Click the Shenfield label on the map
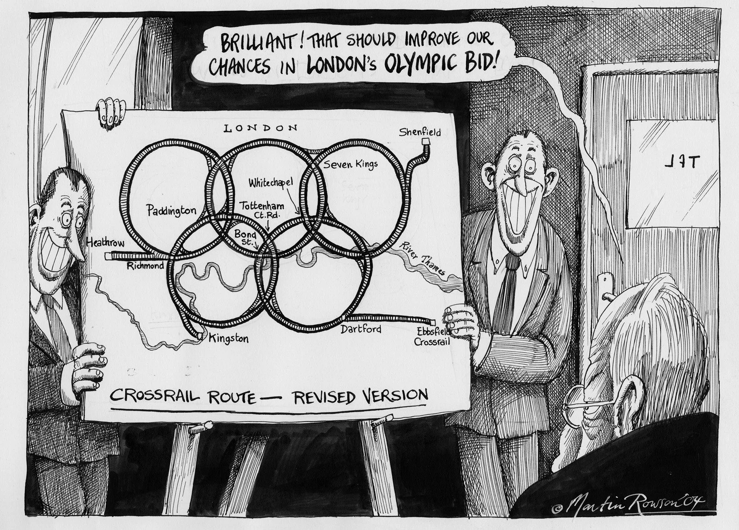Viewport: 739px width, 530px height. pyautogui.click(x=420, y=133)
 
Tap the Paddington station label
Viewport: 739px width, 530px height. pyautogui.click(x=171, y=211)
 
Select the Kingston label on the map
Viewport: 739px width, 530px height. pyautogui.click(x=229, y=339)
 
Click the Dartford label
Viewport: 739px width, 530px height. pyautogui.click(x=361, y=329)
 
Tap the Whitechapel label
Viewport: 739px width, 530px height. pyautogui.click(x=271, y=183)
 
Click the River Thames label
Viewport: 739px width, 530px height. pyautogui.click(x=422, y=259)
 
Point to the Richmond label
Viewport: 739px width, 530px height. pyautogui.click(x=145, y=266)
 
